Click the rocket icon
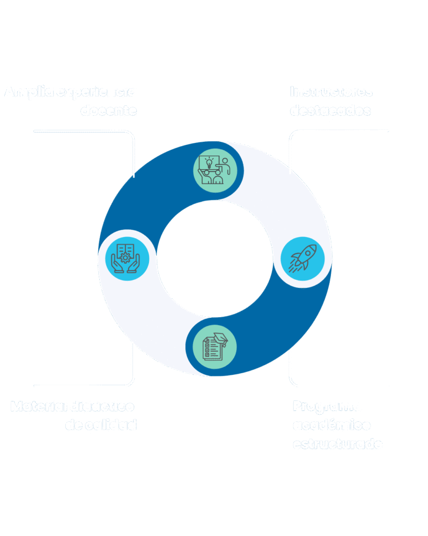point(303,259)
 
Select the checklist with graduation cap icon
point(214,346)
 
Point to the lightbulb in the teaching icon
point(209,162)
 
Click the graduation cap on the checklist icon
point(221,338)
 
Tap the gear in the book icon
point(125,257)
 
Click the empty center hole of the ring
point(214,259)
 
